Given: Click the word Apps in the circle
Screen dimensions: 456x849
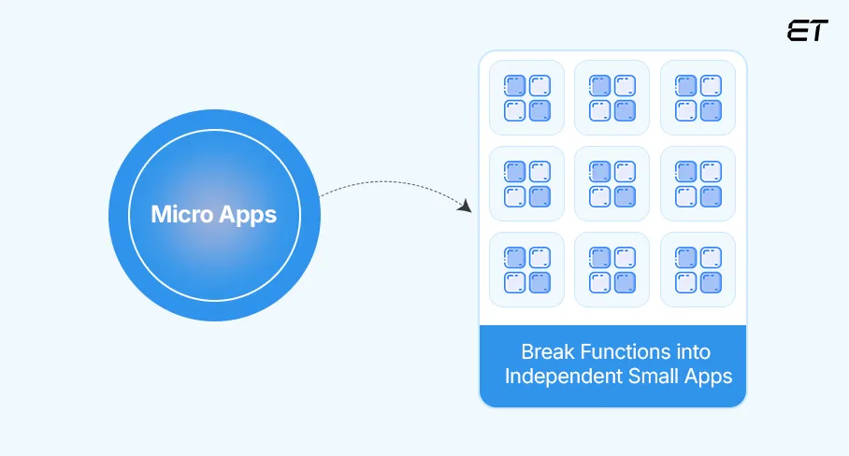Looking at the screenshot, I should [x=248, y=214].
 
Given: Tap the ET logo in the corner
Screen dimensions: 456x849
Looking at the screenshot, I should [x=808, y=31].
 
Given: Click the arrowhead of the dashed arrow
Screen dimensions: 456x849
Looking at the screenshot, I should [x=464, y=205].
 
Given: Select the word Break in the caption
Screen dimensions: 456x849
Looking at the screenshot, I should [x=549, y=352].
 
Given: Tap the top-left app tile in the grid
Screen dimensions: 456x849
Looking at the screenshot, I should [x=527, y=98].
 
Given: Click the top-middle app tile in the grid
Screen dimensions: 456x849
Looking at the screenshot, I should [x=612, y=98].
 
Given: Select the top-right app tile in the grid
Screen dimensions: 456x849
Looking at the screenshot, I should [x=698, y=98].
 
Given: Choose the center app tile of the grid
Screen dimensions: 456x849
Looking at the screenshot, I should [x=612, y=184].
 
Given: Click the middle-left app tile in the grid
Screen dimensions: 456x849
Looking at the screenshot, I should [x=527, y=184].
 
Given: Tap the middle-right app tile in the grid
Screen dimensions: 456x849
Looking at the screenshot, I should [x=698, y=184].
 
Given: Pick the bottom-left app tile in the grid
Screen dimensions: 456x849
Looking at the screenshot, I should [x=527, y=269].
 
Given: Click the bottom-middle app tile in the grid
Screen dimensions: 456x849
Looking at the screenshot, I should [x=612, y=269].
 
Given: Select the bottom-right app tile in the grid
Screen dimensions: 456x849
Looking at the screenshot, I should [x=698, y=269].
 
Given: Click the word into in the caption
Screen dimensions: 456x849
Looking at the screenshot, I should [x=693, y=352].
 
